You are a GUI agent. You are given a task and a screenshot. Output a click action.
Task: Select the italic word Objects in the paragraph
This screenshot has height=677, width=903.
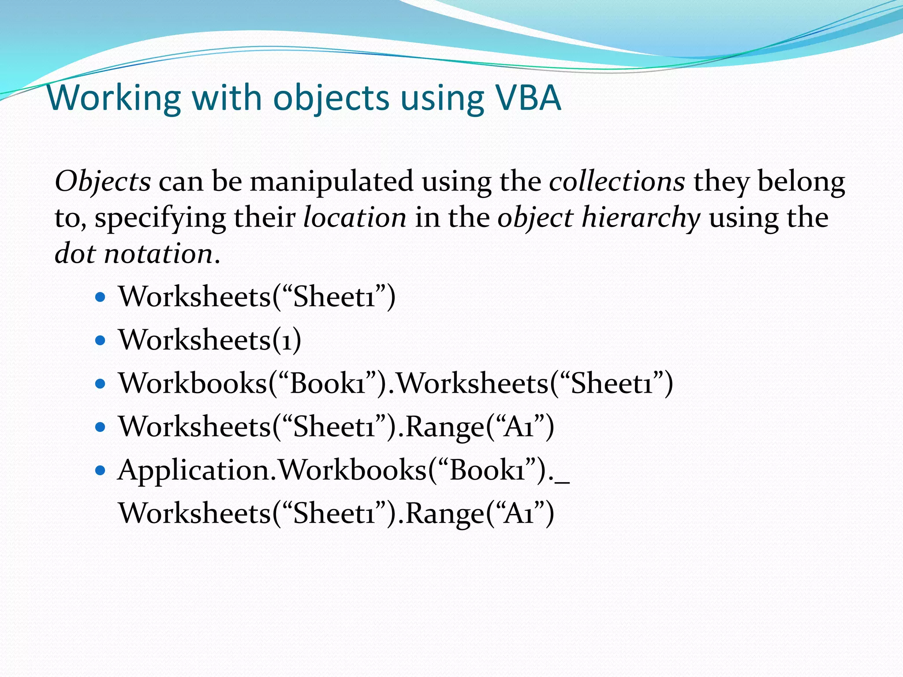(x=103, y=182)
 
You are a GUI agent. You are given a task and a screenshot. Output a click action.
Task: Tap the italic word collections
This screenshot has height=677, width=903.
(x=617, y=181)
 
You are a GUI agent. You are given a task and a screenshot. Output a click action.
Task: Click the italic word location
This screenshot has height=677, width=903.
(x=355, y=218)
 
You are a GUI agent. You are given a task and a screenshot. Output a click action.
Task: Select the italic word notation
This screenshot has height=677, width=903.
(x=159, y=254)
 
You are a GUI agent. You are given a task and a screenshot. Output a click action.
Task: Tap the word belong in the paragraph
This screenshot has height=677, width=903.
(x=801, y=182)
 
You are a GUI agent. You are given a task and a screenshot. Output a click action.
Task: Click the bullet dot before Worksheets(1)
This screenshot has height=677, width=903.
(x=101, y=340)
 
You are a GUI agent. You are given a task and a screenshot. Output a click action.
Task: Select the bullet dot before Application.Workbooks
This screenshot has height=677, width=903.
(x=101, y=470)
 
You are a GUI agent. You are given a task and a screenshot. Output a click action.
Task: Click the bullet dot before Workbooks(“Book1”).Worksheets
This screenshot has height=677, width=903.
(x=101, y=383)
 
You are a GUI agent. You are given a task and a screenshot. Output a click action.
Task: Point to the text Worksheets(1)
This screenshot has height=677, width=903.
(x=210, y=340)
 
